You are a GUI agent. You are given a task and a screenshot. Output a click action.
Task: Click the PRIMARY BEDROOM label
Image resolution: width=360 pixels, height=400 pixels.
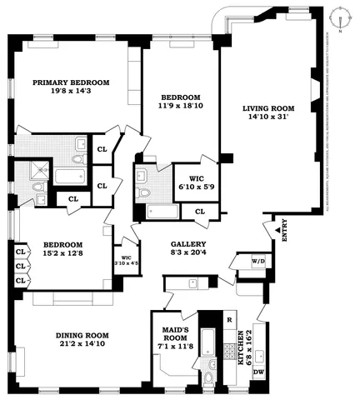coord(71,82)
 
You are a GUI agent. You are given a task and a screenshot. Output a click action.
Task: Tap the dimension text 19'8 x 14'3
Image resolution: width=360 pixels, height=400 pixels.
coord(71,93)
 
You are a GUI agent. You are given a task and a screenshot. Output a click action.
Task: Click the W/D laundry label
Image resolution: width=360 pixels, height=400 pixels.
coord(258,262)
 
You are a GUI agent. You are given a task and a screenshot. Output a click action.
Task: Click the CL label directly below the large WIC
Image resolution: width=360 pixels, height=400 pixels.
coord(199,212)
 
